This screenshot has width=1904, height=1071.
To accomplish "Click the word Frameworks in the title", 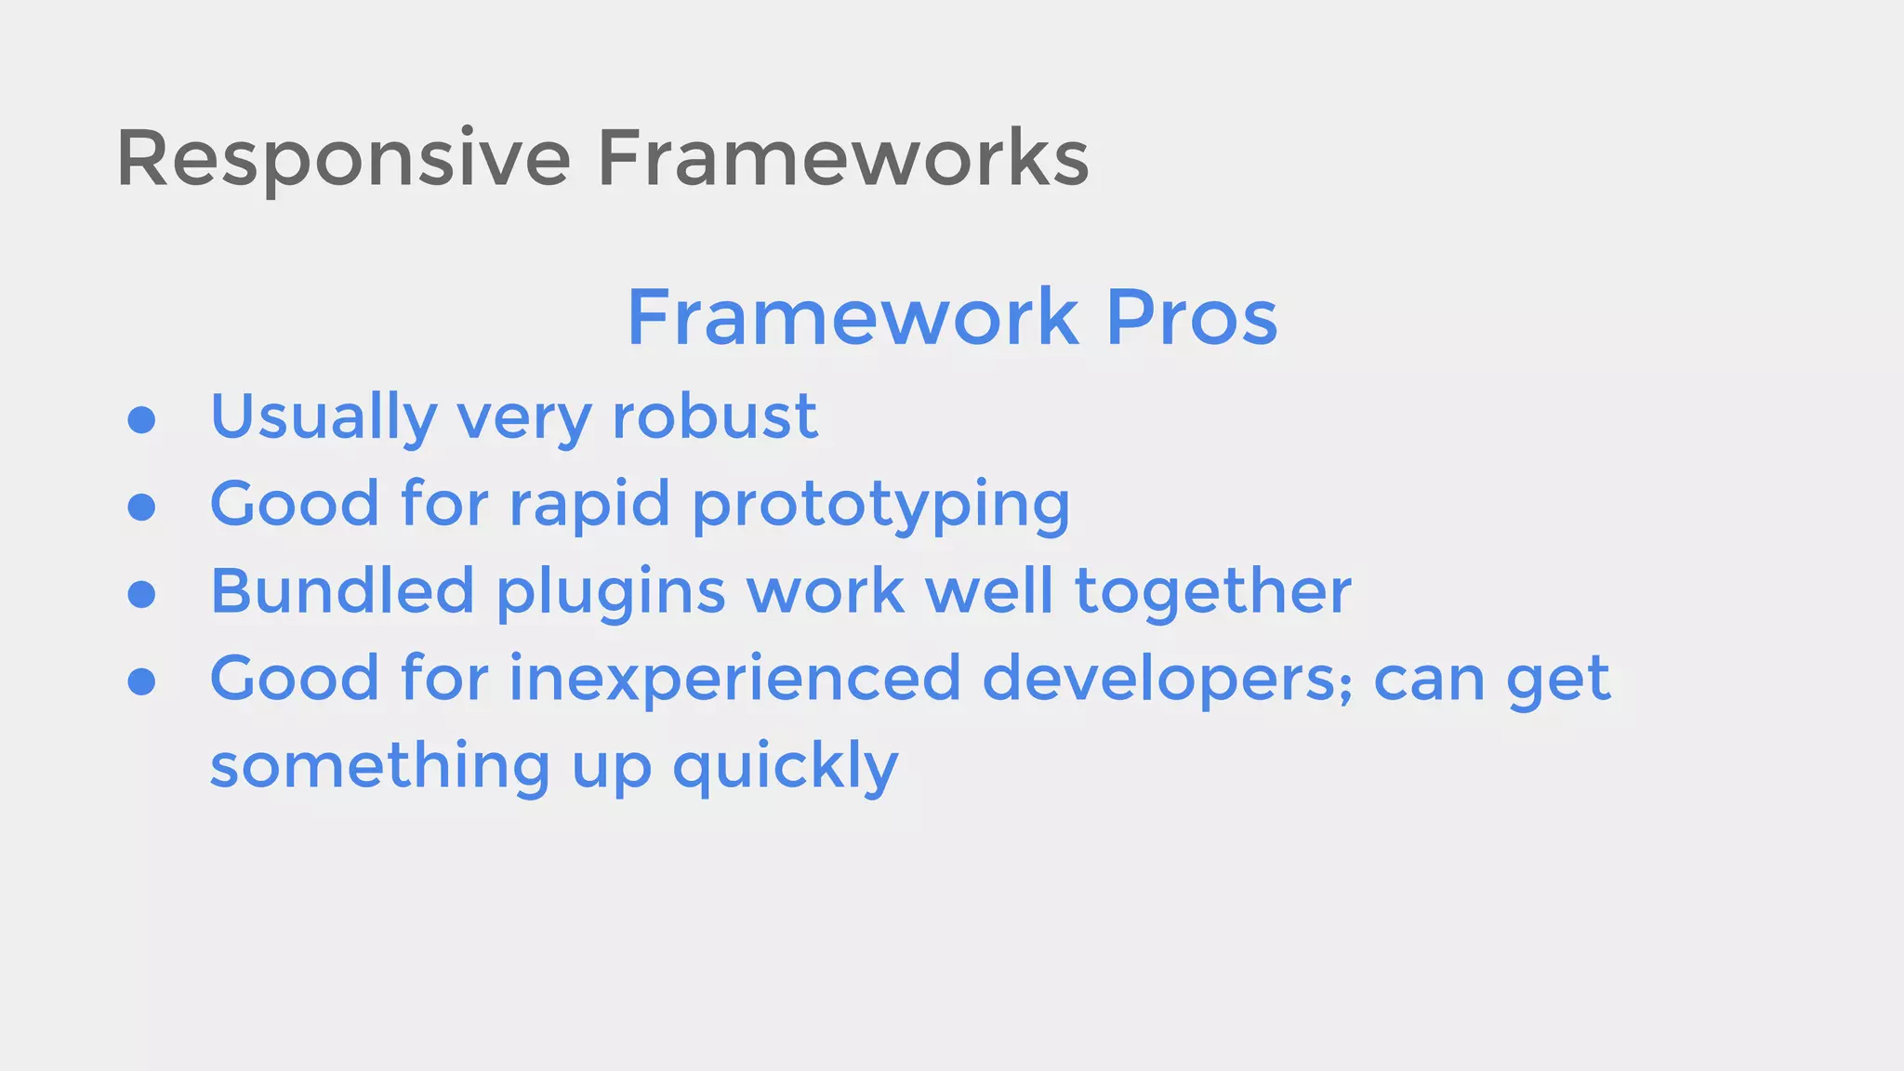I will tap(842, 158).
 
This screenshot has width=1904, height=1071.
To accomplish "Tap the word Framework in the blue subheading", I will tap(853, 318).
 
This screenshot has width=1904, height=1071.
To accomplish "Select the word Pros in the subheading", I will tap(1192, 318).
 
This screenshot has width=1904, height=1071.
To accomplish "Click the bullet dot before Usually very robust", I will tap(141, 420).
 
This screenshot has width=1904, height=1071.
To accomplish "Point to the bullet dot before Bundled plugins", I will tap(141, 594).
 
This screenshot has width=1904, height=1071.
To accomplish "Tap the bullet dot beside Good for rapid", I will tap(141, 508).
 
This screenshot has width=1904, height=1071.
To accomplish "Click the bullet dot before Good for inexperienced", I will tap(141, 681).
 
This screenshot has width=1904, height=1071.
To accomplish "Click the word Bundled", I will tap(342, 591).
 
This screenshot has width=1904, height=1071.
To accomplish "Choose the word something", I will tap(380, 767).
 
